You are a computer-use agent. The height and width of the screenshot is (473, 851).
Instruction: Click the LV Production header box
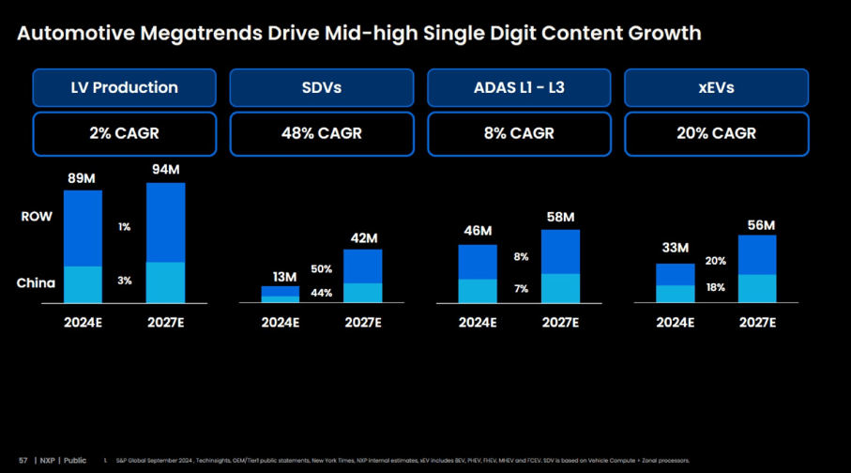point(124,88)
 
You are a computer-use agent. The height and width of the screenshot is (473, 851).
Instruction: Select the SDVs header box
point(322,88)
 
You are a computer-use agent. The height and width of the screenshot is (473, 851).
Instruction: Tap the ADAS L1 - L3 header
point(519,88)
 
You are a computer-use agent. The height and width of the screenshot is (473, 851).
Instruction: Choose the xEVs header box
point(716,88)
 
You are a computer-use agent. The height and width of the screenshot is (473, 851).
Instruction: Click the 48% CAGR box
point(322,133)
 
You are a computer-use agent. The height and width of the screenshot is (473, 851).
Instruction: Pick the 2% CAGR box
point(124,133)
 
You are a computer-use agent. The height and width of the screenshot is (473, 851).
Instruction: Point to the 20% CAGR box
point(716,133)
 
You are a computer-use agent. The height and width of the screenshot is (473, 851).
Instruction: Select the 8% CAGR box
point(519,133)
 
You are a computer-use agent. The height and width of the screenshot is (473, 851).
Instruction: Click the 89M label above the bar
point(83,178)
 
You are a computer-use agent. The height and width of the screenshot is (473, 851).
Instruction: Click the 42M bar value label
point(363,238)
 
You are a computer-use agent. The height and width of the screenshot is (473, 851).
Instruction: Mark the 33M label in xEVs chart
point(676,249)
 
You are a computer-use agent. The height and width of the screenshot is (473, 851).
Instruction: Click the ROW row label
point(37,217)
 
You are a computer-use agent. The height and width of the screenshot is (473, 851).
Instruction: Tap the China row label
point(37,282)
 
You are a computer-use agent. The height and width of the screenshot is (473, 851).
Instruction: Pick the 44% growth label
point(322,293)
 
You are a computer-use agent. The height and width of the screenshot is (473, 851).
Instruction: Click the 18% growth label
point(716,287)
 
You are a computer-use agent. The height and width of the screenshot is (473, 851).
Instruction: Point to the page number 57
point(23,461)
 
